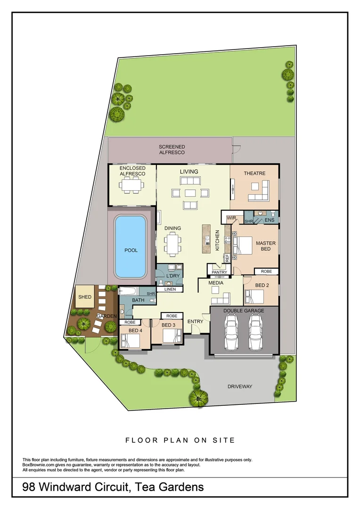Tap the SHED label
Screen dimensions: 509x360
(x=85, y=297)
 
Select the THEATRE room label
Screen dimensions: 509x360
(x=254, y=173)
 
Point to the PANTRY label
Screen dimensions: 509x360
(x=219, y=272)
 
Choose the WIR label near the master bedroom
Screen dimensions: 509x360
(x=231, y=218)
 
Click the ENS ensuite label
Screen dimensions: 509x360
(x=269, y=220)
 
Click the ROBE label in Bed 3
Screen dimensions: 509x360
(x=172, y=316)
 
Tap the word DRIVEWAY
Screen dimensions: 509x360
(x=240, y=386)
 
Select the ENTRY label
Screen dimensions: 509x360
(x=195, y=321)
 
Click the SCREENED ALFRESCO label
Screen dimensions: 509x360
(x=172, y=150)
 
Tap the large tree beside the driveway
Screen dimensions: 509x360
(x=198, y=397)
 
